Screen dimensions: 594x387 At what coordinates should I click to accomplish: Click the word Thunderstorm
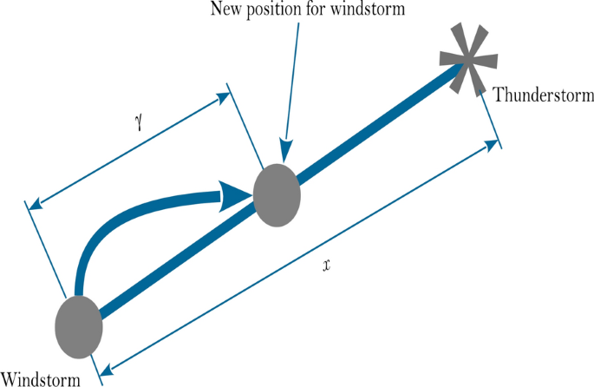(544, 95)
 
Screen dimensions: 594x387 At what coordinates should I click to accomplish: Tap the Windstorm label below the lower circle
(42, 377)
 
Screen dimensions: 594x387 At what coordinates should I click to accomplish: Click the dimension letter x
(325, 265)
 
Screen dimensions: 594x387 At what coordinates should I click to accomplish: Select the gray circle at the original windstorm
(79, 325)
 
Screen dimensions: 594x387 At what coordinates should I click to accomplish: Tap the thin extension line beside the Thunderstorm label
(491, 121)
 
